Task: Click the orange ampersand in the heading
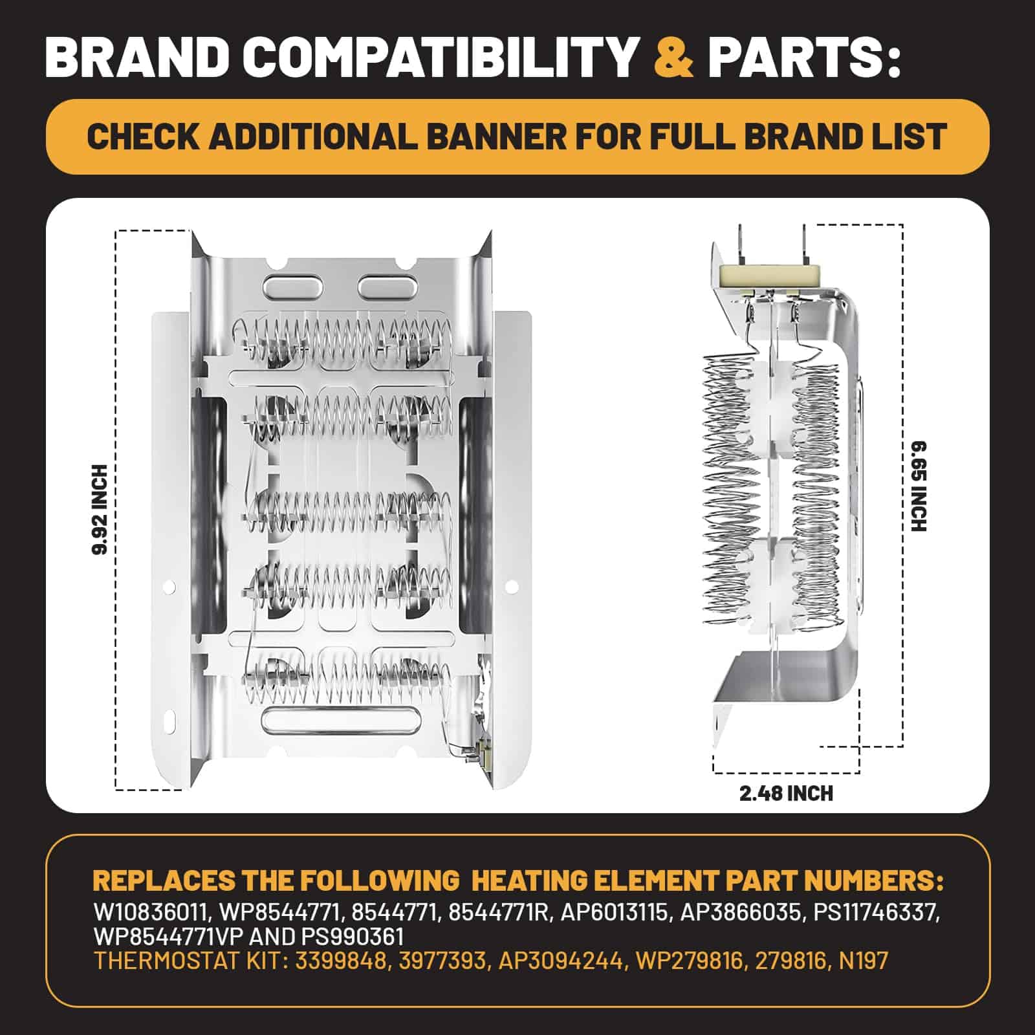674,56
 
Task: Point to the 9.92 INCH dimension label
101,509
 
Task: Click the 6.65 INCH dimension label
918,486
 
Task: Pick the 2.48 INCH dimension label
786,793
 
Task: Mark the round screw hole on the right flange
512,587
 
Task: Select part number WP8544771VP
166,937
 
